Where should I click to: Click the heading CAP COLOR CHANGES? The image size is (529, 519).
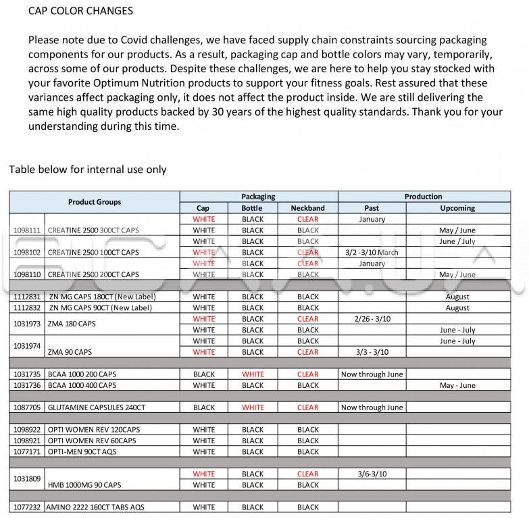80,11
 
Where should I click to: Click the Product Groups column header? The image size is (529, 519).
95,202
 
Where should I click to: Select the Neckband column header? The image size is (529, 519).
307,208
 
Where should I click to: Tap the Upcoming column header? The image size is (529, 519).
457,208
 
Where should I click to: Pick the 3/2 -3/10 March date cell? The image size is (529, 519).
371,253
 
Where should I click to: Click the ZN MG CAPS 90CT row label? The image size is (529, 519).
101,308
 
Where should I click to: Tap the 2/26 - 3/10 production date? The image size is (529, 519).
371,319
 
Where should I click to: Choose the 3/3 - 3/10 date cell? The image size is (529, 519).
371,352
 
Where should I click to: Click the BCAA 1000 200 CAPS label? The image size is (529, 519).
81,374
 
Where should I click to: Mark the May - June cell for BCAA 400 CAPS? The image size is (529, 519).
457,385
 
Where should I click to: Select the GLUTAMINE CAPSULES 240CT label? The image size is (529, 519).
96,407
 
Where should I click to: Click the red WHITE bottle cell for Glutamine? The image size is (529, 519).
253,407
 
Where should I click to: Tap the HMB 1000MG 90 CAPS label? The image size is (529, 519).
84,485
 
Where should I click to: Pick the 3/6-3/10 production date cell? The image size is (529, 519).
371,474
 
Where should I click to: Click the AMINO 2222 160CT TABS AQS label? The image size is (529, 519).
95,507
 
